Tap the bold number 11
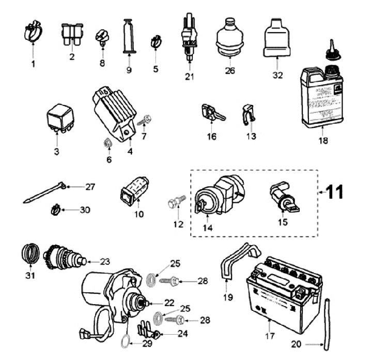tap(334, 192)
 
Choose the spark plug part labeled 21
tap(190, 39)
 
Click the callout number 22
tap(169, 302)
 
